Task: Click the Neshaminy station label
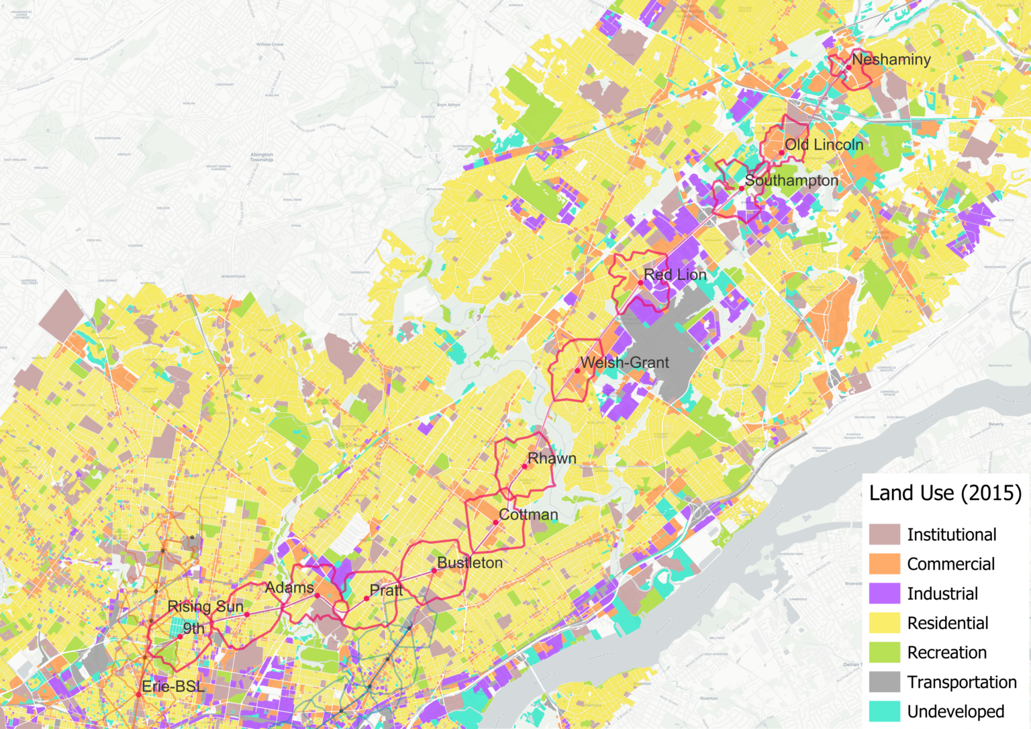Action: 891,60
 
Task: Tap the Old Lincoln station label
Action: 824,145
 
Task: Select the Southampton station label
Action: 791,181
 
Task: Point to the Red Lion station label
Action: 675,275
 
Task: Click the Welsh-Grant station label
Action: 624,362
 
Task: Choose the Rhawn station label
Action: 552,458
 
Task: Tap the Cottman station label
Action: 528,515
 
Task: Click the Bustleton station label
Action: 470,563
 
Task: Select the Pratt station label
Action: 386,590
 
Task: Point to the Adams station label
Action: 289,588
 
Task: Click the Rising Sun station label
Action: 205,607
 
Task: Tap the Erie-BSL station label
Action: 173,687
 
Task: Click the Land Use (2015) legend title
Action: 945,493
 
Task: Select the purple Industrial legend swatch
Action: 884,593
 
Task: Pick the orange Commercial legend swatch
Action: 884,564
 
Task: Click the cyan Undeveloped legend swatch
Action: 884,712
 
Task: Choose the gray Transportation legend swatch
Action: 884,682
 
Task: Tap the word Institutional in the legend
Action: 951,535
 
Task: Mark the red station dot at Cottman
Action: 495,522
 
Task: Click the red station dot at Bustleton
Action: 434,571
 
